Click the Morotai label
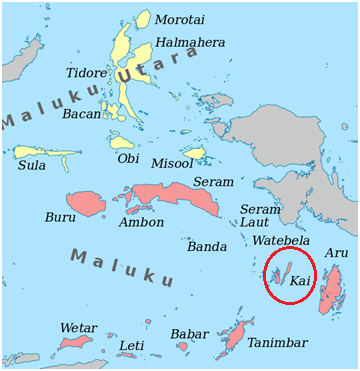[185, 19]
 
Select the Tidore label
[85, 73]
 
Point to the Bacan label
[82, 113]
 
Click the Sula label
[31, 165]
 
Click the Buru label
[60, 217]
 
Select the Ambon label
[141, 222]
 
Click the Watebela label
[281, 241]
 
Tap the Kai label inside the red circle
[299, 281]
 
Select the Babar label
[189, 334]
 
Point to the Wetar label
[78, 327]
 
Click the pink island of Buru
[85, 204]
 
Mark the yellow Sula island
[45, 152]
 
